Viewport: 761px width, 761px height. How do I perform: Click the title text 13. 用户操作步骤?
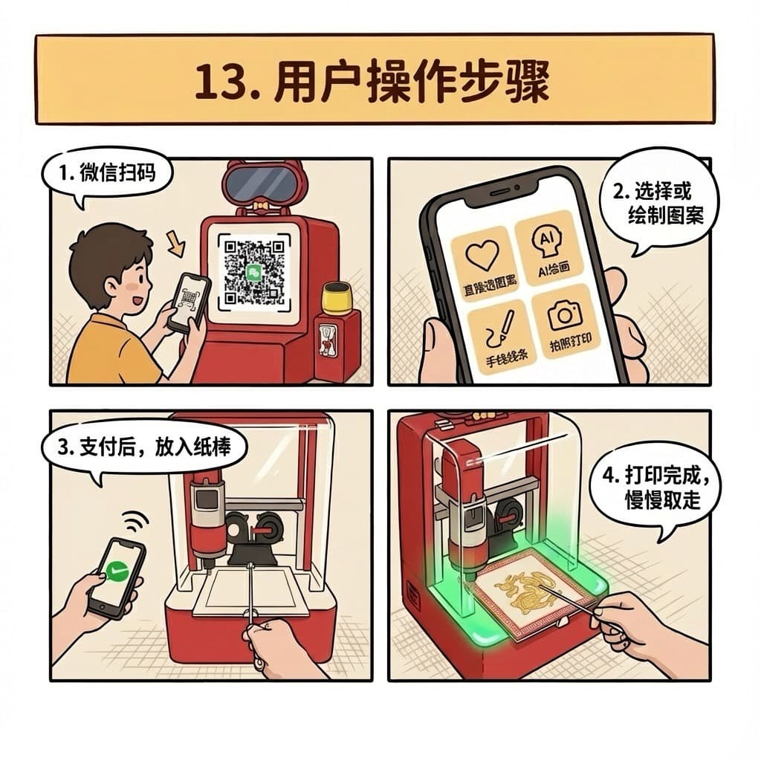click(x=372, y=80)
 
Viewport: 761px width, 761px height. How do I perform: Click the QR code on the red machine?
click(x=253, y=273)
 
